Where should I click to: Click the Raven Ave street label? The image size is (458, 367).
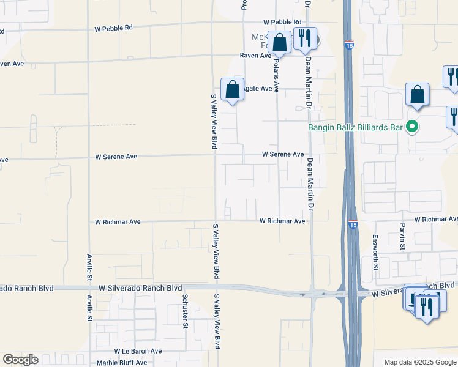click(255, 56)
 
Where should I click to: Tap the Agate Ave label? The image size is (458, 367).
click(257, 89)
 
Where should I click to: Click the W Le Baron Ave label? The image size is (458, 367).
click(138, 352)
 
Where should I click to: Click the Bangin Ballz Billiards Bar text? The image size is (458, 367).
click(356, 127)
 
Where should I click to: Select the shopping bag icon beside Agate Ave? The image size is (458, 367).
click(233, 89)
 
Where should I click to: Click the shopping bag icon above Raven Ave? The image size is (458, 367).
click(280, 43)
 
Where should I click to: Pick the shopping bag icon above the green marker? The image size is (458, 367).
click(417, 95)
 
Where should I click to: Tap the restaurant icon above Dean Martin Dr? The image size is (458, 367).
click(304, 39)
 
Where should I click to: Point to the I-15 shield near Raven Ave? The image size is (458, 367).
click(348, 45)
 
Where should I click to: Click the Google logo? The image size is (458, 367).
click(20, 360)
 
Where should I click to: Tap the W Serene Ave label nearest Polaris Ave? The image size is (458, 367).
click(283, 155)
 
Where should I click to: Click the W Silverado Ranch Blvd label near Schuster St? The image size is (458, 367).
click(140, 287)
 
